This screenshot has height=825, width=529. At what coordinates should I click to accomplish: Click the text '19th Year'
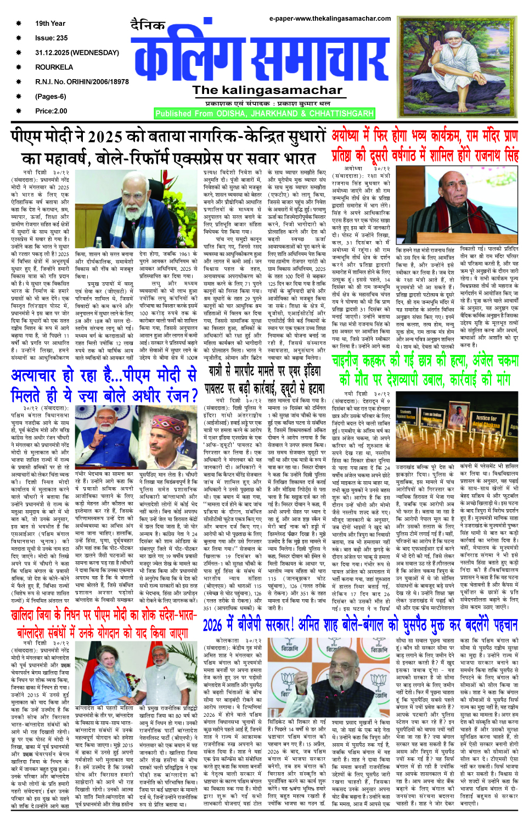tap(50, 24)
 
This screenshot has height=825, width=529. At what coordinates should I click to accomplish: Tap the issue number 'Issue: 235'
tap(51, 38)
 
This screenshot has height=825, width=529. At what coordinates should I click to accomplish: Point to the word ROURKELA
tap(54, 67)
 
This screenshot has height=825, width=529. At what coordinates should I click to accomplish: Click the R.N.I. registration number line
tap(82, 82)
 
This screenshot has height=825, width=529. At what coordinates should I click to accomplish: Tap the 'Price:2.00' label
tap(51, 111)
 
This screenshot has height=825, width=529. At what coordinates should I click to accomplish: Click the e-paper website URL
tap(330, 19)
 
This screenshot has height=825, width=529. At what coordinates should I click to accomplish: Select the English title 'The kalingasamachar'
tap(267, 90)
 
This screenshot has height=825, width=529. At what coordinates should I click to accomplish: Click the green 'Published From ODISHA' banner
tap(264, 114)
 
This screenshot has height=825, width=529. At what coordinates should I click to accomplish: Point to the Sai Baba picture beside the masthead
tap(456, 69)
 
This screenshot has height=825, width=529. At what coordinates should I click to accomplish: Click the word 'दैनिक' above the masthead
tap(148, 25)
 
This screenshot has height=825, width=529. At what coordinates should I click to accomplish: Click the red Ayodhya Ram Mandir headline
tap(425, 146)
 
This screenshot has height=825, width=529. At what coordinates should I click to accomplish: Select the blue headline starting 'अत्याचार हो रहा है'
tap(104, 384)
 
